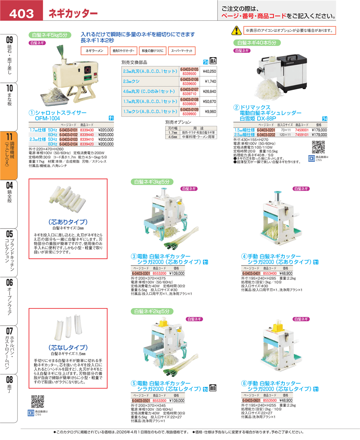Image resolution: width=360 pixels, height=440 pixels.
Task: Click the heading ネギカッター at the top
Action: click(73, 14)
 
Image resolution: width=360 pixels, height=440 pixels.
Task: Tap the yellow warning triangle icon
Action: click(237, 30)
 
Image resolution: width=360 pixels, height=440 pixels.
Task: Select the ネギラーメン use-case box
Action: click(94, 51)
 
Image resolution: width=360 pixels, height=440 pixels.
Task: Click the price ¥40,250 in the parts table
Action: click(209, 72)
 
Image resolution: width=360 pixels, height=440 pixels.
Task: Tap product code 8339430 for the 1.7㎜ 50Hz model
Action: click(87, 130)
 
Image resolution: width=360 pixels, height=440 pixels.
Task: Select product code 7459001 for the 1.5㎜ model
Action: click(302, 130)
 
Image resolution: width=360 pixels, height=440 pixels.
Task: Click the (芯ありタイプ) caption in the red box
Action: click(68, 221)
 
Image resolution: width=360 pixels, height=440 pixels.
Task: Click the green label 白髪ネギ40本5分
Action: click(253, 42)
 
